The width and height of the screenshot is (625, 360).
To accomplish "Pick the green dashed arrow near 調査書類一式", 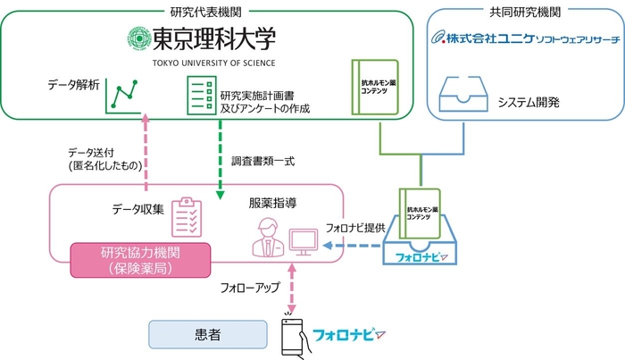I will (x=220, y=160).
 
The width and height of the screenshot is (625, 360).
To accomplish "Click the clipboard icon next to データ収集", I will (x=187, y=213).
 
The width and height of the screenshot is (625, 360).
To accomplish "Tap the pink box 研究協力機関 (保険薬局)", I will (x=140, y=259).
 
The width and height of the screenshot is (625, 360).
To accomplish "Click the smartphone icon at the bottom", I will (x=291, y=337).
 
